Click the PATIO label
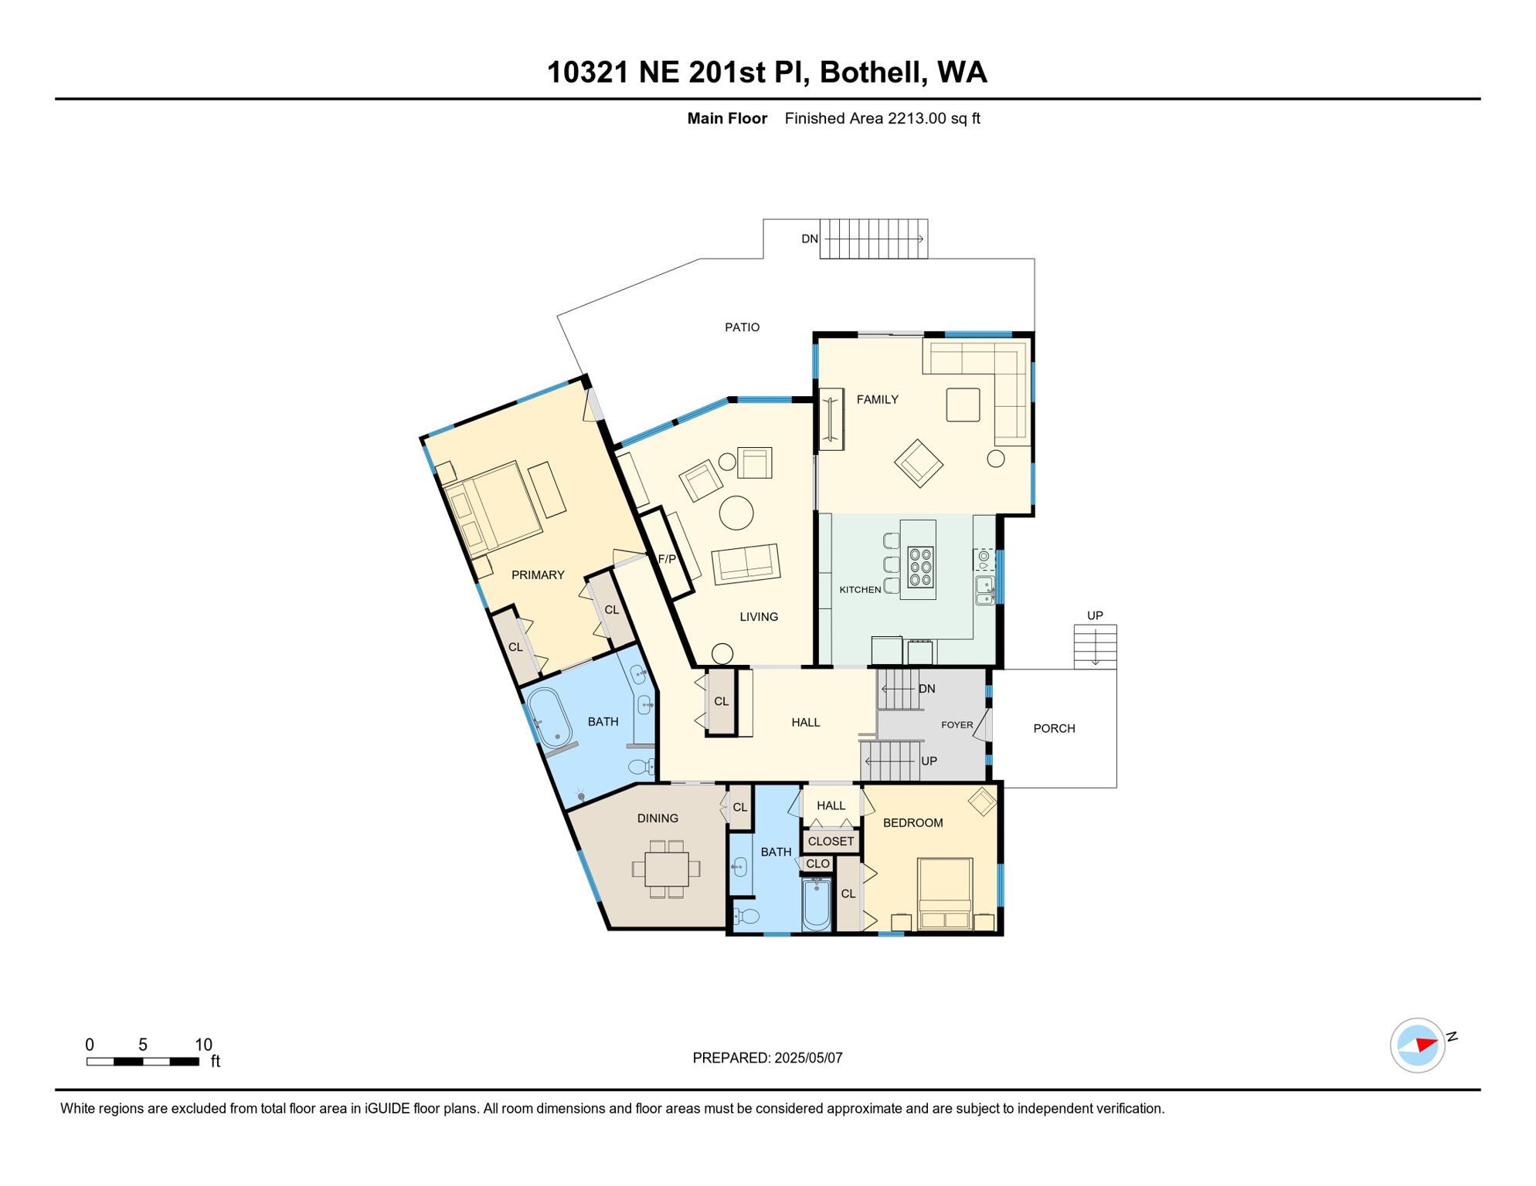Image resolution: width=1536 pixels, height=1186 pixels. pyautogui.click(x=742, y=327)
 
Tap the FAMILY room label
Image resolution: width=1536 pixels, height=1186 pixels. pyautogui.click(x=877, y=399)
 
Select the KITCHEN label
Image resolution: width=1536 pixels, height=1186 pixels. pyautogui.click(x=860, y=590)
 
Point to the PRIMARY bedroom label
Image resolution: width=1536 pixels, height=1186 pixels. pyautogui.click(x=538, y=575)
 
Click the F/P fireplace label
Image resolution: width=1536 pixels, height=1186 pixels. pyautogui.click(x=667, y=559)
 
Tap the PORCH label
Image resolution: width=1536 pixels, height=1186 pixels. pyautogui.click(x=1054, y=728)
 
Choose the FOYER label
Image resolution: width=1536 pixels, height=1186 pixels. pyautogui.click(x=957, y=725)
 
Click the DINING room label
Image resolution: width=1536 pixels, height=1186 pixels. pyautogui.click(x=658, y=818)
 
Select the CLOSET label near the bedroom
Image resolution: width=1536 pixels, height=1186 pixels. pyautogui.click(x=831, y=842)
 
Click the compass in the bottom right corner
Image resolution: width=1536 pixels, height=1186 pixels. pyautogui.click(x=1417, y=1045)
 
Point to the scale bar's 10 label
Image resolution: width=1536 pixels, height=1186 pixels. pyautogui.click(x=203, y=1045)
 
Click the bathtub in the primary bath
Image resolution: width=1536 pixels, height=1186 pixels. pyautogui.click(x=549, y=719)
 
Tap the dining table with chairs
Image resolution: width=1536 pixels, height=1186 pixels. pyautogui.click(x=666, y=869)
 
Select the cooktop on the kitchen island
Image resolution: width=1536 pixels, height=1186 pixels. pyautogui.click(x=920, y=567)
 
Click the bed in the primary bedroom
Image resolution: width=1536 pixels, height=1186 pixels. pyautogui.click(x=491, y=507)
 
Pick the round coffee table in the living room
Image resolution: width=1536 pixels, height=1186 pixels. pyautogui.click(x=736, y=513)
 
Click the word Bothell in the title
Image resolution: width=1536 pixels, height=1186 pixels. pyautogui.click(x=872, y=72)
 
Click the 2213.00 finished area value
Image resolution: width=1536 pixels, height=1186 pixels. pyautogui.click(x=917, y=118)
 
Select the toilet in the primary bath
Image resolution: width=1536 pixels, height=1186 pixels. pyautogui.click(x=642, y=767)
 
